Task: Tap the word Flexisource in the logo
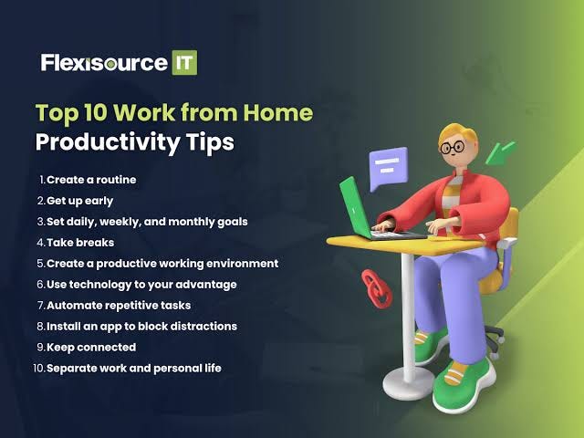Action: (x=103, y=63)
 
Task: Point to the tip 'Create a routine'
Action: (x=91, y=180)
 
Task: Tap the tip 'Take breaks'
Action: (x=79, y=242)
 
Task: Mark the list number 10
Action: (x=38, y=368)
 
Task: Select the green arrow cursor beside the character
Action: (x=501, y=150)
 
